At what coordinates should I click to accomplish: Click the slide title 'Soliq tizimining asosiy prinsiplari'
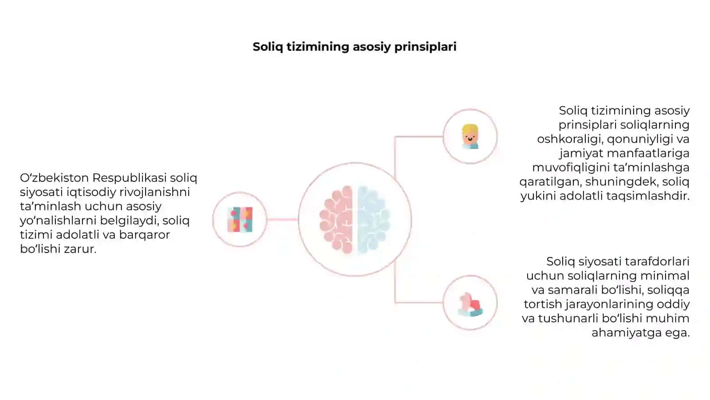(355, 47)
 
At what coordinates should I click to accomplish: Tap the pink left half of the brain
(336, 220)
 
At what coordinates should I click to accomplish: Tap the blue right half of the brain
(373, 220)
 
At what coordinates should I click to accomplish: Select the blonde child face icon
(470, 136)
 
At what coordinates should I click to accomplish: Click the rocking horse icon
(470, 304)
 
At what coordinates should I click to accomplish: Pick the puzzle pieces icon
(240, 220)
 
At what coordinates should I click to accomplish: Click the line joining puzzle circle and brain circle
(282, 220)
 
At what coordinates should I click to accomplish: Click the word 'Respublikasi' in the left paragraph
(129, 178)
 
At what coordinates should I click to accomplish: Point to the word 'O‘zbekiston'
(54, 178)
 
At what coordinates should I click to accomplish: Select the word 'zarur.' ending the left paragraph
(80, 249)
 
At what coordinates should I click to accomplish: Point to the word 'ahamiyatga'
(625, 333)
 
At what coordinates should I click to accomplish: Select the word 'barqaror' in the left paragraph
(145, 235)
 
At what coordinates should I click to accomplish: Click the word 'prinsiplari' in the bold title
(426, 47)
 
